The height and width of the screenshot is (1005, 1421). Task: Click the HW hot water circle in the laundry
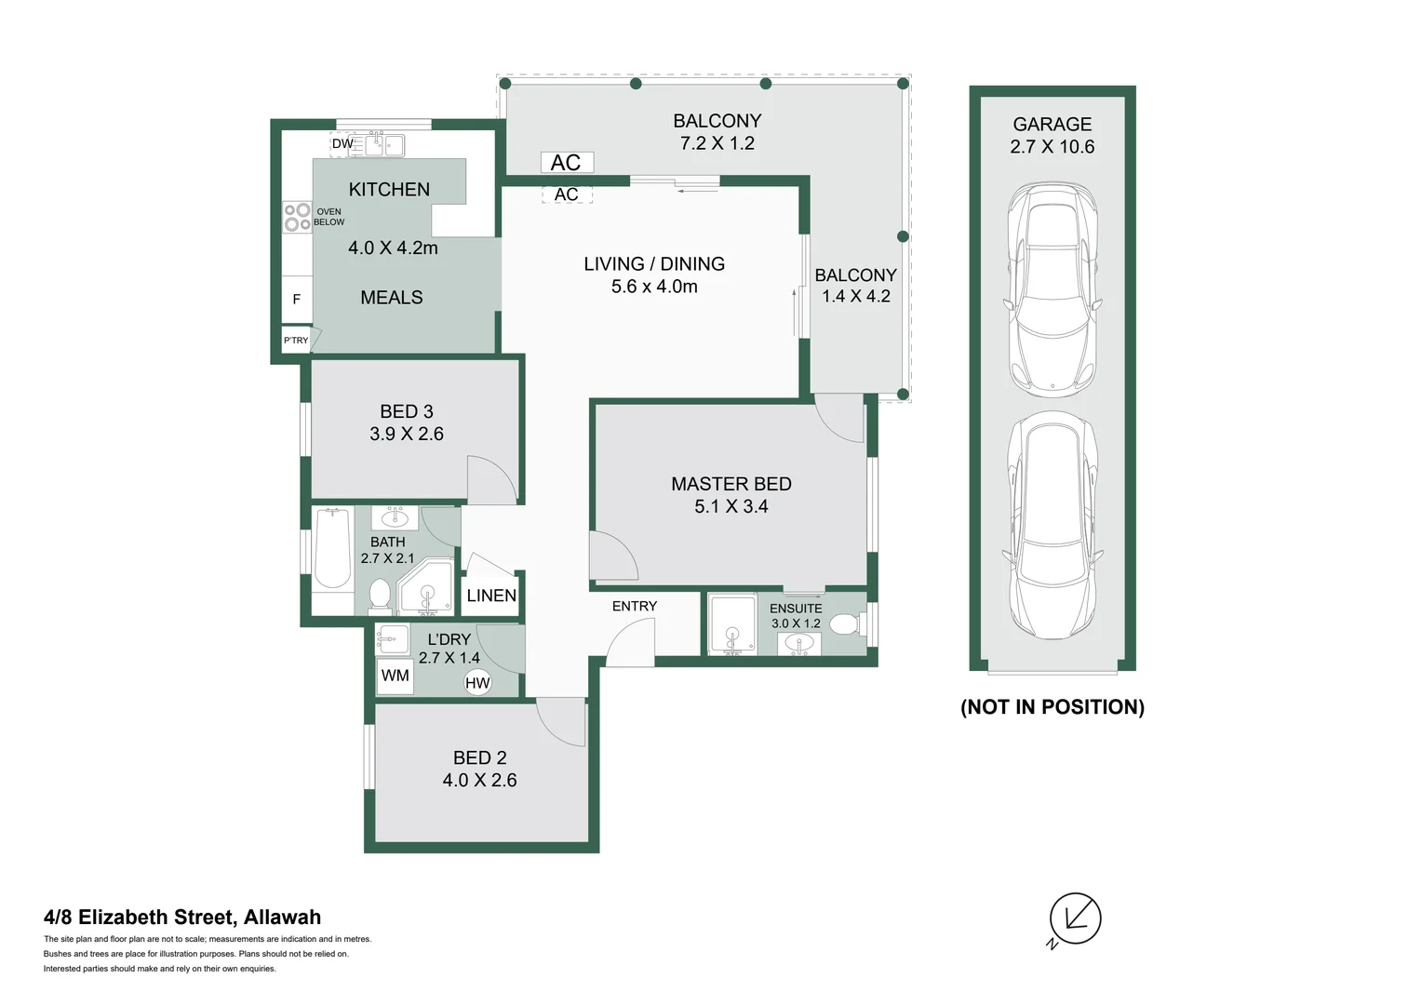(x=477, y=683)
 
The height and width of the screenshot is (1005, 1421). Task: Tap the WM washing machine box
(x=395, y=676)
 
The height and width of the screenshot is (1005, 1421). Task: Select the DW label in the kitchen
(x=342, y=143)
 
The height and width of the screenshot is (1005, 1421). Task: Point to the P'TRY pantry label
(x=296, y=341)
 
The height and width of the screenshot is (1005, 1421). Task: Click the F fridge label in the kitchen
(x=296, y=299)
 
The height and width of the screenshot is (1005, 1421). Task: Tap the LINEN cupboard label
(x=491, y=596)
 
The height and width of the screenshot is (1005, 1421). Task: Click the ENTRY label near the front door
(x=635, y=606)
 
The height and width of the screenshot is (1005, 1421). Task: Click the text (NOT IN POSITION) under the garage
(x=1052, y=707)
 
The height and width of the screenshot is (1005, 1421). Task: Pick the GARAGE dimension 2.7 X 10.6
(x=1052, y=147)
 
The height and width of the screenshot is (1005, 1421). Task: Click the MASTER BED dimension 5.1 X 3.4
(x=731, y=506)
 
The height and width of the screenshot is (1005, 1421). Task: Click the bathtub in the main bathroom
(x=332, y=548)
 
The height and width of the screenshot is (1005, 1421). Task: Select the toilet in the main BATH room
(x=380, y=596)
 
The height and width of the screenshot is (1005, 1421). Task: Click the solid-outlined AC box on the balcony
(x=567, y=163)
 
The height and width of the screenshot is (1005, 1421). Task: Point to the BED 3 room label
(x=407, y=411)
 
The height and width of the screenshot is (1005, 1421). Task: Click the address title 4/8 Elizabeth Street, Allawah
(x=182, y=917)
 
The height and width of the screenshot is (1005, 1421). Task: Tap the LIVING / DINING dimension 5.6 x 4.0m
(x=654, y=287)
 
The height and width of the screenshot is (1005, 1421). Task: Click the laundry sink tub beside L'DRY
(x=394, y=638)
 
